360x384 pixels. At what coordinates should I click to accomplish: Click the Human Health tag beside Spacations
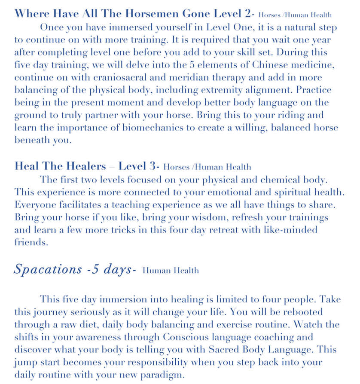171,271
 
